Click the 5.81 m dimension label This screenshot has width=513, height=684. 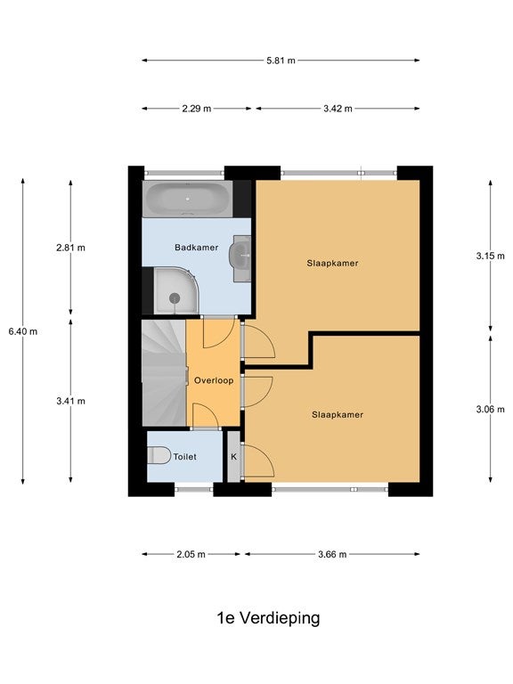281,61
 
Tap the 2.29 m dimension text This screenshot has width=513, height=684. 197,109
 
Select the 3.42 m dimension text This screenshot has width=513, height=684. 338,109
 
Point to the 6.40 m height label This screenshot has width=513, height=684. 22,331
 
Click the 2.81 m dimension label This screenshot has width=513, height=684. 70,248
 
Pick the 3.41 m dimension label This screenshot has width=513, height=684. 70,402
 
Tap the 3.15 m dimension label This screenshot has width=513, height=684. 491,256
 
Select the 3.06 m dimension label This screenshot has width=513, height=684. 491,410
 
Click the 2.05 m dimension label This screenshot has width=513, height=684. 191,555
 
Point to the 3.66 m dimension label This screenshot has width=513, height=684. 332,555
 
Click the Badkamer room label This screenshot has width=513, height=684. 196,248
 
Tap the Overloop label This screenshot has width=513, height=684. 214,380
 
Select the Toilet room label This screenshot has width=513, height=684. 185,457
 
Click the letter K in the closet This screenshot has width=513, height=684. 234,457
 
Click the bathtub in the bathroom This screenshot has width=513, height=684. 188,199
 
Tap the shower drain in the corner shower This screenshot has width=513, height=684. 175,298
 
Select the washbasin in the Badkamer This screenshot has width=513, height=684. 240,258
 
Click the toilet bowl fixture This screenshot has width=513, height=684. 159,455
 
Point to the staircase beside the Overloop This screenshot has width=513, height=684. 165,373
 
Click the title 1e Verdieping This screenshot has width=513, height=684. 268,618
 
